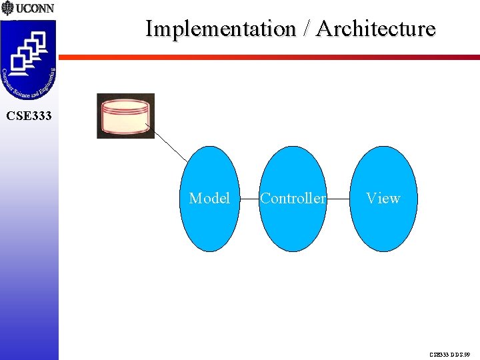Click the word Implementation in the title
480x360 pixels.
(x=221, y=29)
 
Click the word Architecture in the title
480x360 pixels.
(x=376, y=29)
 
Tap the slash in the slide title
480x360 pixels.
(x=306, y=29)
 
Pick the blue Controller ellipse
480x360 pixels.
(x=293, y=227)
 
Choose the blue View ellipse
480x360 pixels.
(x=383, y=227)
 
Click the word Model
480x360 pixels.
(x=209, y=198)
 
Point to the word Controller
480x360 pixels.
(x=293, y=198)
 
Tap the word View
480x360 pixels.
(x=383, y=198)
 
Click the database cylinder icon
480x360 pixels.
(x=125, y=116)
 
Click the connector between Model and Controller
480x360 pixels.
(x=249, y=199)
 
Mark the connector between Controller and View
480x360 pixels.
(x=338, y=199)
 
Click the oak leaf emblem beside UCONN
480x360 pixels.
(x=7, y=9)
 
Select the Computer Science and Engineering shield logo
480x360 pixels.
(x=29, y=60)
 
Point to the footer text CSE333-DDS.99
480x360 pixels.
(x=450, y=355)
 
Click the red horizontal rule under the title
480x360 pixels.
(x=267, y=57)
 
